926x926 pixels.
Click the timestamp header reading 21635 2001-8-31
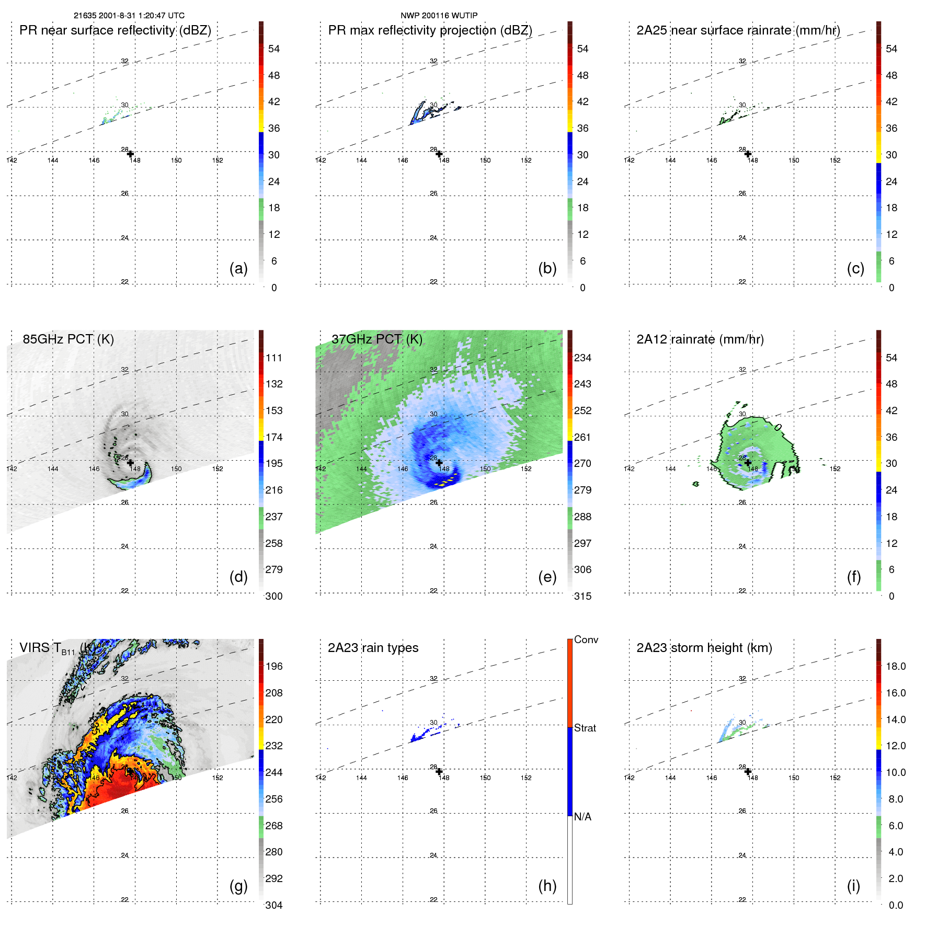(x=129, y=16)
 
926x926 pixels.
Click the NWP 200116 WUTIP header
(x=439, y=16)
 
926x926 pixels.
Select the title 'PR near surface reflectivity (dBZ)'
(x=115, y=30)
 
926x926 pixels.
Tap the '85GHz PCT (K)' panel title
(x=68, y=339)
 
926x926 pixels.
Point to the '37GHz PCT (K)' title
(x=376, y=339)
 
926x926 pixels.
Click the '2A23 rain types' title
(x=373, y=648)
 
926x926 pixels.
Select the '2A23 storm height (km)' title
(x=704, y=648)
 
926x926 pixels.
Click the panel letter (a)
(x=238, y=268)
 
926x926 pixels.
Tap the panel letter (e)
(x=547, y=577)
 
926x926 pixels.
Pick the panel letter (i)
(x=853, y=886)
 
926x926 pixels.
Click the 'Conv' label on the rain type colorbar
(x=586, y=639)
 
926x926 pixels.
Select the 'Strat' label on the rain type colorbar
(x=585, y=728)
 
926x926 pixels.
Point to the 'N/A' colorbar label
(x=582, y=817)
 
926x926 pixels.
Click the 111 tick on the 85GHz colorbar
(x=274, y=358)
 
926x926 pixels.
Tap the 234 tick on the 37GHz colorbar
(x=582, y=358)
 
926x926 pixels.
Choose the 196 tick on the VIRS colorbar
(x=274, y=666)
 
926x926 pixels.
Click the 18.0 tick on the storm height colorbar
(x=895, y=666)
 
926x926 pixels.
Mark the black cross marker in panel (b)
(x=439, y=154)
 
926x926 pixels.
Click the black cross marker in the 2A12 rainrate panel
(x=748, y=463)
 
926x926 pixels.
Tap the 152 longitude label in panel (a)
(x=218, y=160)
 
